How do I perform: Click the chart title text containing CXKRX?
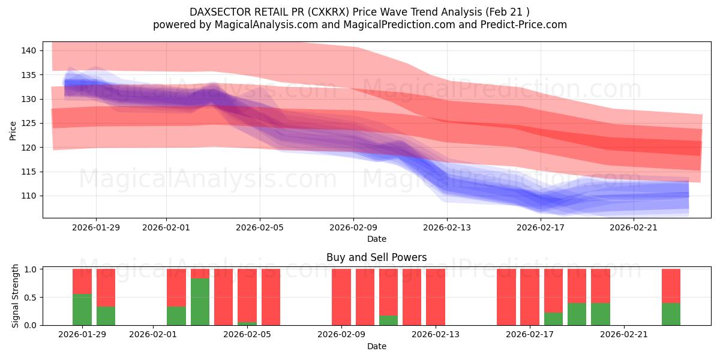point(359,11)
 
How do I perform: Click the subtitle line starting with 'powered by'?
point(359,25)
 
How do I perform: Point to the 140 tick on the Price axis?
point(29,50)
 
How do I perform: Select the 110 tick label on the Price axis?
point(29,196)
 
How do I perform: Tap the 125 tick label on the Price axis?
point(29,123)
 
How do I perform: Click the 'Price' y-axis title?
point(13,130)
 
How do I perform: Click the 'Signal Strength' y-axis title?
point(16,296)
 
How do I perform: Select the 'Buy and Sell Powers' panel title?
point(376,257)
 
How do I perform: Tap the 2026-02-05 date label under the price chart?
point(260,227)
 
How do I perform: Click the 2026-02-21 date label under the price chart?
point(634,227)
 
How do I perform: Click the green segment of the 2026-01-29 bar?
point(82,310)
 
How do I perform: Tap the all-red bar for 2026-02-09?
point(341,297)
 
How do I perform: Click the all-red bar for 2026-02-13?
point(436,297)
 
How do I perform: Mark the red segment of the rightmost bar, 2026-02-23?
point(671,286)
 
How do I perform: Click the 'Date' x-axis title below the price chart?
point(376,239)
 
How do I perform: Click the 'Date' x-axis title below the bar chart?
point(376,346)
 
